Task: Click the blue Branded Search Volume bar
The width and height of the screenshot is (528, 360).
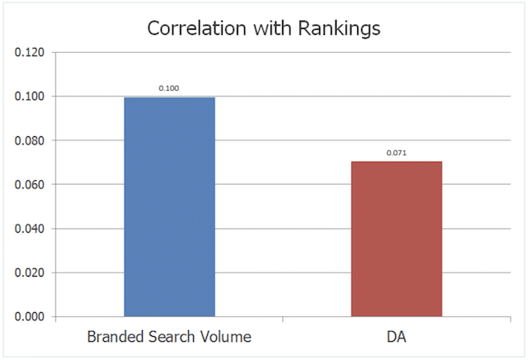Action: tap(169, 206)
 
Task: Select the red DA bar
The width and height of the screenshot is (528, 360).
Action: tap(397, 239)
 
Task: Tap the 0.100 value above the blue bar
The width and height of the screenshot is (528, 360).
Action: tap(169, 88)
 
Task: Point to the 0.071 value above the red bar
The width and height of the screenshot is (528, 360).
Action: tap(397, 153)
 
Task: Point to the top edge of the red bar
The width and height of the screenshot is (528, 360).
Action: tap(397, 162)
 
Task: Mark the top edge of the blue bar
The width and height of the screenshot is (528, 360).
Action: tap(169, 98)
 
